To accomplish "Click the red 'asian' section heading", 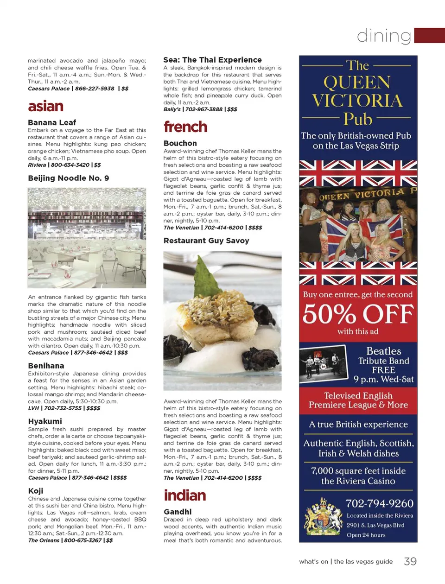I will pos(45,106).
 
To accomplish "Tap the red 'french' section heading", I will pos(185,127).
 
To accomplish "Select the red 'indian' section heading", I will pos(184,495).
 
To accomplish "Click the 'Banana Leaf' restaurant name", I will pos(52,122).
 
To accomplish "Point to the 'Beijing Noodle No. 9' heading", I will pos(69,178).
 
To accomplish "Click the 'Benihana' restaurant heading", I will pos(46,366).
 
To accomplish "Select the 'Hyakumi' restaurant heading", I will pos(45,421).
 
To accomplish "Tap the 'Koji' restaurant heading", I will pos(36,491).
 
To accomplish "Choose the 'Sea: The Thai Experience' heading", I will pos(212,60).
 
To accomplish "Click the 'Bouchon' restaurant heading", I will pos(180,143).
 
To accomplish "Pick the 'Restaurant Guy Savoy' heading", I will pos(206,241).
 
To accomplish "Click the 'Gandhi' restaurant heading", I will pos(178,512).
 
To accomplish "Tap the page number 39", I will pos(410,561).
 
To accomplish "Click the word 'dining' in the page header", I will pos(384,36).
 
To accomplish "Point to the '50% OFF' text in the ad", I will pos(358,314).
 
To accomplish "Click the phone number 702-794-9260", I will pos(379,503).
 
